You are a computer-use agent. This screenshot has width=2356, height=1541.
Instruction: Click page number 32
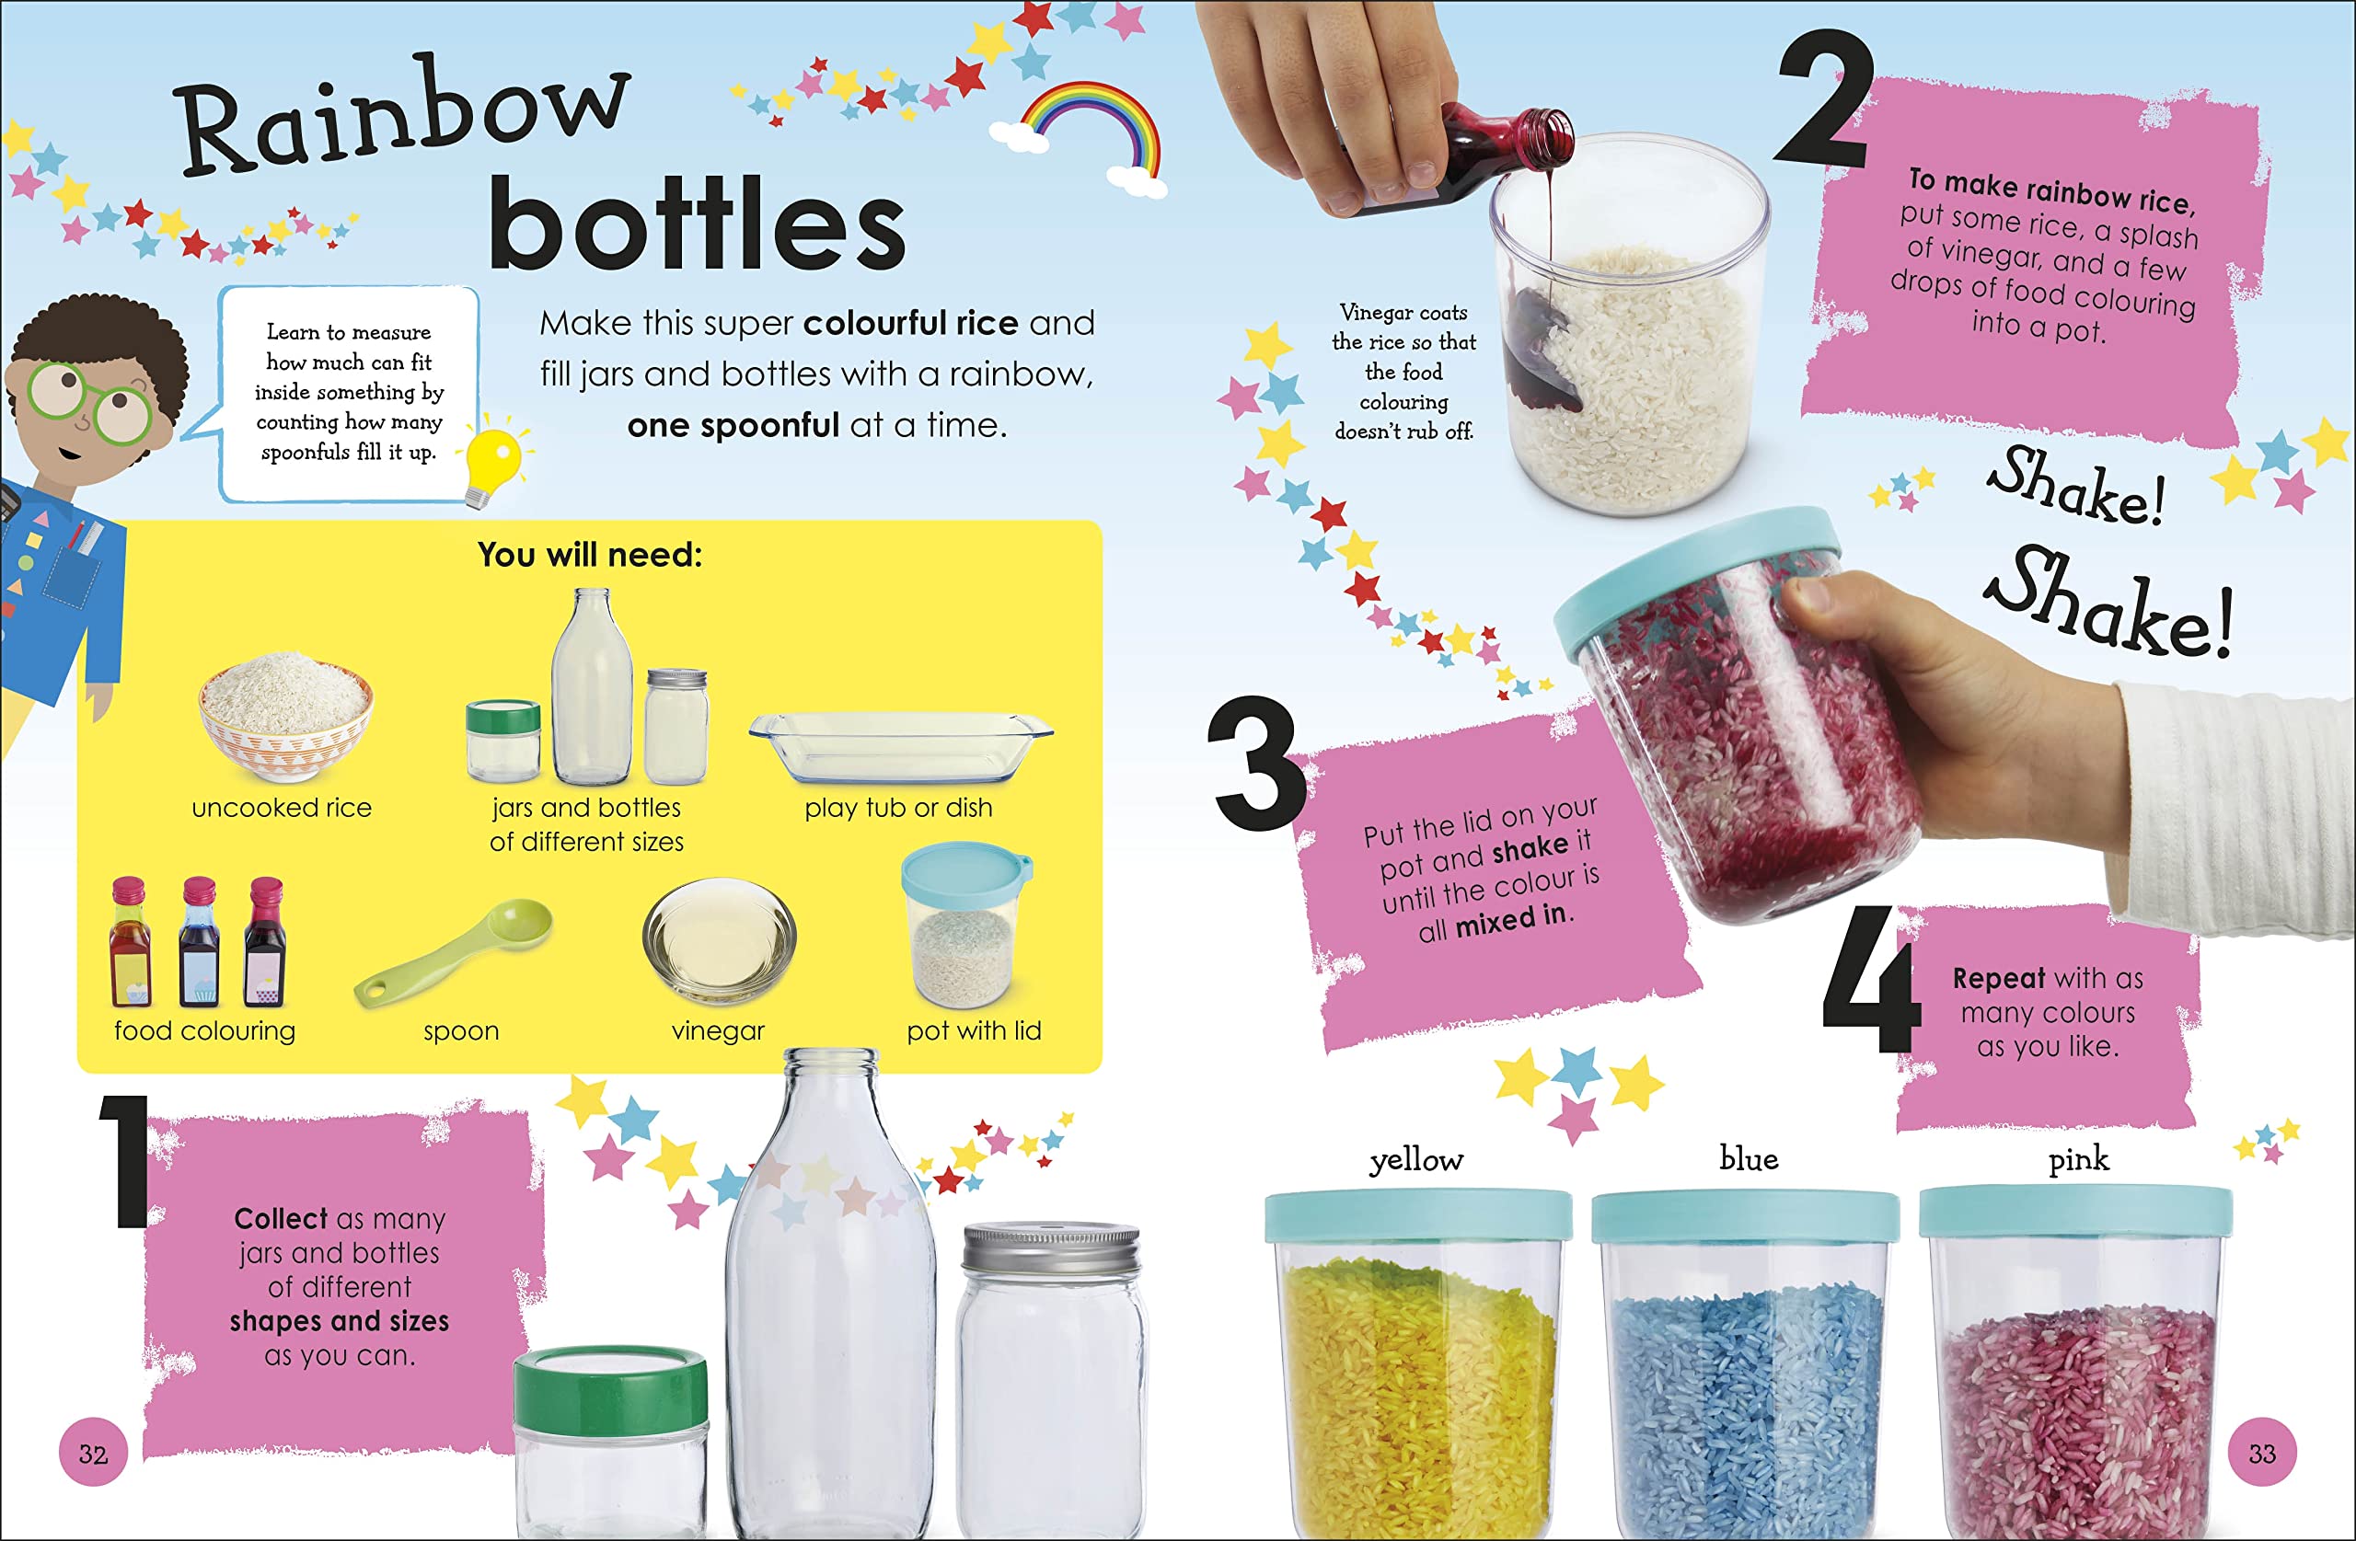tap(93, 1453)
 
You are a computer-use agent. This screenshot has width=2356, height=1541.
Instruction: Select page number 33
tap(2262, 1453)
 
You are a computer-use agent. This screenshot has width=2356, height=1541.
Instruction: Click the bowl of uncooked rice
tap(286, 716)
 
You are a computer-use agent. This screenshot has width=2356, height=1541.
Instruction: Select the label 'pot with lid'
tap(974, 1031)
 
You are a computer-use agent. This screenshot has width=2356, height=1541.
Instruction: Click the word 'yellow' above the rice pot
tap(1416, 1160)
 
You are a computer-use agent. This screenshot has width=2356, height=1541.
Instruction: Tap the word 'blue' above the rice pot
tap(1749, 1157)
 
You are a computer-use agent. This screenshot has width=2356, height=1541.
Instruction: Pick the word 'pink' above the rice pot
tap(2079, 1159)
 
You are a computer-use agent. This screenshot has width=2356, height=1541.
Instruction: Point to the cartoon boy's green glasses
tap(89, 401)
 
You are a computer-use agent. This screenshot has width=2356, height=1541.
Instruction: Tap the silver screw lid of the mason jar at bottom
tap(1051, 1252)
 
